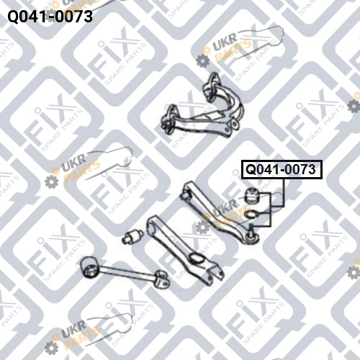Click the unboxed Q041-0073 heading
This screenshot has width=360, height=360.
(50, 17)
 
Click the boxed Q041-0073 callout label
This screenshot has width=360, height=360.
(282, 169)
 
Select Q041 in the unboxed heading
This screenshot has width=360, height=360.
(27, 17)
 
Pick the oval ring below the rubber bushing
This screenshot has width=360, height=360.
(251, 214)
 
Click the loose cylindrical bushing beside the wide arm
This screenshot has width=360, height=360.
(132, 236)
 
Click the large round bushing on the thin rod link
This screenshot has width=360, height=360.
(89, 267)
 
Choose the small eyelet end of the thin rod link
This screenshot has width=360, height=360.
(162, 279)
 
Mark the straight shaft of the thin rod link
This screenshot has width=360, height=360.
(127, 272)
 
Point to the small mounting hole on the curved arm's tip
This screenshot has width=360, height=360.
(235, 124)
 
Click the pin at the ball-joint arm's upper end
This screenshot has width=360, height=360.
(185, 195)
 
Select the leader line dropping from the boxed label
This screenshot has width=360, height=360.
(284, 193)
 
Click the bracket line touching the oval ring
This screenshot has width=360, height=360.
(264, 213)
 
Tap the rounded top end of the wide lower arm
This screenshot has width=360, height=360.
(153, 225)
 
